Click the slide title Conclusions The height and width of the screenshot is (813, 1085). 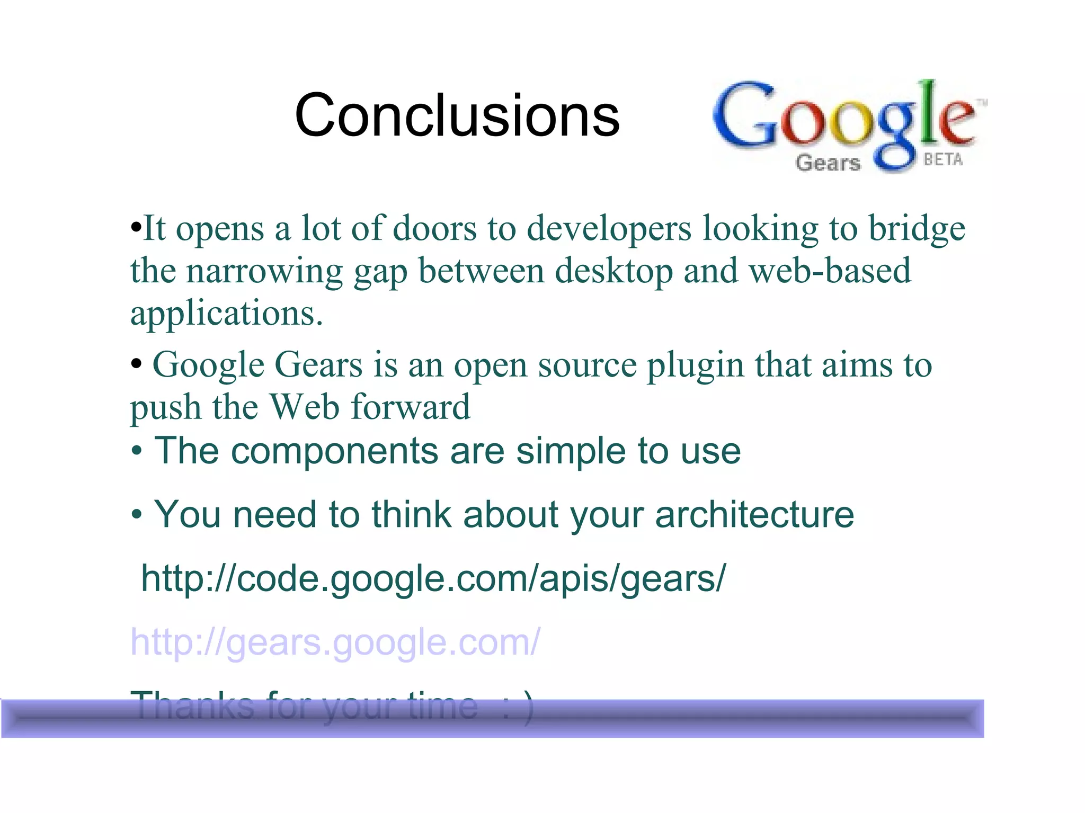click(x=457, y=115)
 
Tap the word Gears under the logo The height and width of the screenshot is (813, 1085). click(x=828, y=162)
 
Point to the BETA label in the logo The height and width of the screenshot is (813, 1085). click(x=943, y=159)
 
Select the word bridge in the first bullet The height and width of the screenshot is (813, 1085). click(x=917, y=229)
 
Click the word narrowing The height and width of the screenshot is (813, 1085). click(x=264, y=271)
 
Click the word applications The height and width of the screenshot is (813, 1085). click(x=226, y=314)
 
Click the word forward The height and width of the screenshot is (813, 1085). click(x=411, y=407)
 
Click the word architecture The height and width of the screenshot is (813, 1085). click(x=754, y=514)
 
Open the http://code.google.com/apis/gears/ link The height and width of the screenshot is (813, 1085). click(x=433, y=578)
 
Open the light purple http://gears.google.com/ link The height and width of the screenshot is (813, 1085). click(x=335, y=642)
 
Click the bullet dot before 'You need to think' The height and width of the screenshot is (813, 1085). click(x=137, y=514)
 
